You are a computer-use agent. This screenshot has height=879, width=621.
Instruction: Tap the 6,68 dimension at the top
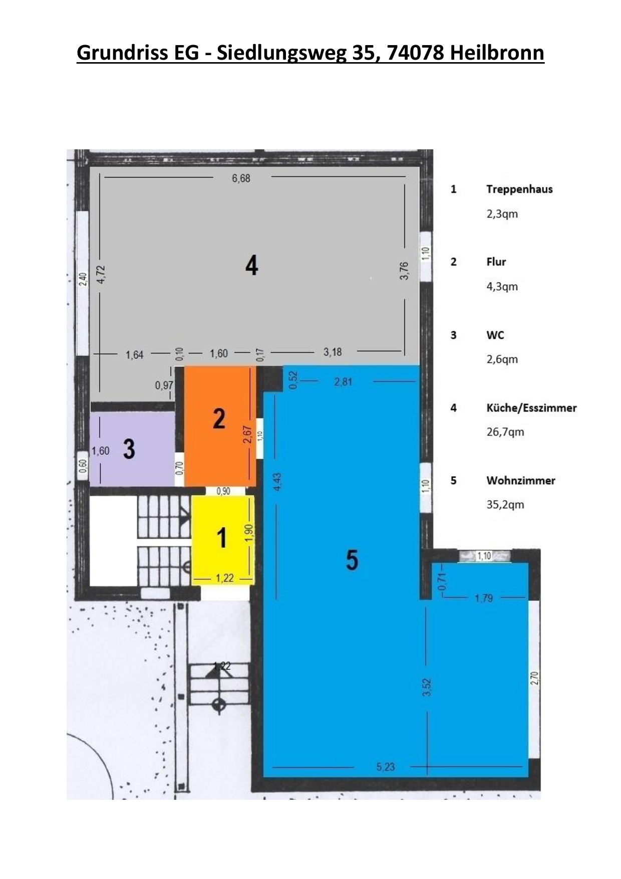(241, 178)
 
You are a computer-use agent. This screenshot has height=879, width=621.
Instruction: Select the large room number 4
(251, 265)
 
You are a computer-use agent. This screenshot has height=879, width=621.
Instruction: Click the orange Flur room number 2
(219, 418)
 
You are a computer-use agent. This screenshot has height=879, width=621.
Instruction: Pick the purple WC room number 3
(129, 449)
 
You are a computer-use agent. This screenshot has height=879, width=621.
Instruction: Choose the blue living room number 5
(352, 559)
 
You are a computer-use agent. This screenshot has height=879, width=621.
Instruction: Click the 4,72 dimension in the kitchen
(102, 274)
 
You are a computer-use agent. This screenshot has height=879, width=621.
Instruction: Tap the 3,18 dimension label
(333, 352)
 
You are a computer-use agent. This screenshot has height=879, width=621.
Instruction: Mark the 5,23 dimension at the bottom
(386, 766)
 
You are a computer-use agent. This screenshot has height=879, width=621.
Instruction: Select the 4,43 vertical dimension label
(277, 482)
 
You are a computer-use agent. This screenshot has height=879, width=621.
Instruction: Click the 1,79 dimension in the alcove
(484, 598)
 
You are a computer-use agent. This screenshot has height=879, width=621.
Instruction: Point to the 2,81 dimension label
(343, 381)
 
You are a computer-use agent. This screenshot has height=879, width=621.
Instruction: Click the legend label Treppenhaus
(519, 189)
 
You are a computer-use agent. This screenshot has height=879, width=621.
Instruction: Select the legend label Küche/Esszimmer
(531, 408)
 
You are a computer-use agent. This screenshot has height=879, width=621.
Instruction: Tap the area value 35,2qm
(505, 505)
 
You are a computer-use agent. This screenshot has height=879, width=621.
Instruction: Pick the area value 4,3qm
(502, 287)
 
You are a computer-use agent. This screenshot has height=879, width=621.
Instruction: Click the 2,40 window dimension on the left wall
(84, 279)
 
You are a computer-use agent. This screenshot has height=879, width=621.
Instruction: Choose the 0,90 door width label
(223, 491)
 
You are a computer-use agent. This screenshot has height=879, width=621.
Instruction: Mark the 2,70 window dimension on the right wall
(534, 678)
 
